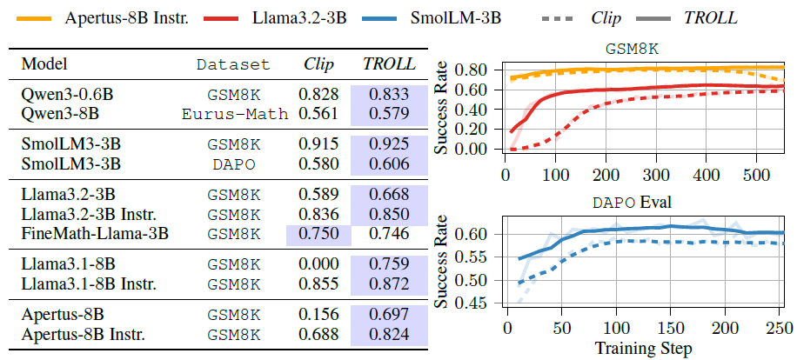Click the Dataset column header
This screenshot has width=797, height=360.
click(x=233, y=64)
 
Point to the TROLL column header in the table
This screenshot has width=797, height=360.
click(x=385, y=64)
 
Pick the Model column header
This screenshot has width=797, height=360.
click(x=44, y=64)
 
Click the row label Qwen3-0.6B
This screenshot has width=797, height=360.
click(x=59, y=93)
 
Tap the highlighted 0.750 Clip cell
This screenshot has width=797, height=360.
click(x=318, y=233)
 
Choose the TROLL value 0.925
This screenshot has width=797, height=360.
click(x=385, y=143)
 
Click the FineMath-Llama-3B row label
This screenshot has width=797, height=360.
click(x=95, y=233)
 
